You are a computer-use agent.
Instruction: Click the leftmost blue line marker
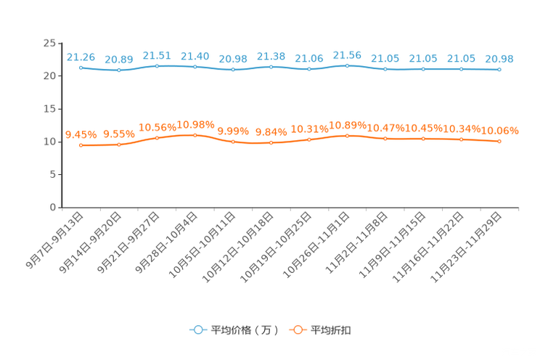click(81, 67)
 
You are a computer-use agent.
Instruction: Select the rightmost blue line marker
click(499, 70)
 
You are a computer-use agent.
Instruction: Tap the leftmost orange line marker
click(81, 146)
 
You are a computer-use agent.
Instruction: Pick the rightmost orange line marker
click(499, 142)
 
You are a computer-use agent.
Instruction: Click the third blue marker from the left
click(157, 65)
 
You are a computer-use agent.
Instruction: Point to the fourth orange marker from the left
click(195, 135)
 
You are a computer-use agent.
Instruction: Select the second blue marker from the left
click(119, 70)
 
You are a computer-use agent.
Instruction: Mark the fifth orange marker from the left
click(233, 142)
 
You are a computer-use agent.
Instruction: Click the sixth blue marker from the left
click(271, 67)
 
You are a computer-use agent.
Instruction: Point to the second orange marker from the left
click(119, 145)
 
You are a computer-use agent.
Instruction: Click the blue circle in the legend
click(197, 330)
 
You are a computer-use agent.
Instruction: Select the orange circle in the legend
click(298, 330)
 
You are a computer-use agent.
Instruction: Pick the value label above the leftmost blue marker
click(81, 56)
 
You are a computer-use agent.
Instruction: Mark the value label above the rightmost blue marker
click(499, 58)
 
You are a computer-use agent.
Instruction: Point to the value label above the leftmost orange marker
click(81, 134)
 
